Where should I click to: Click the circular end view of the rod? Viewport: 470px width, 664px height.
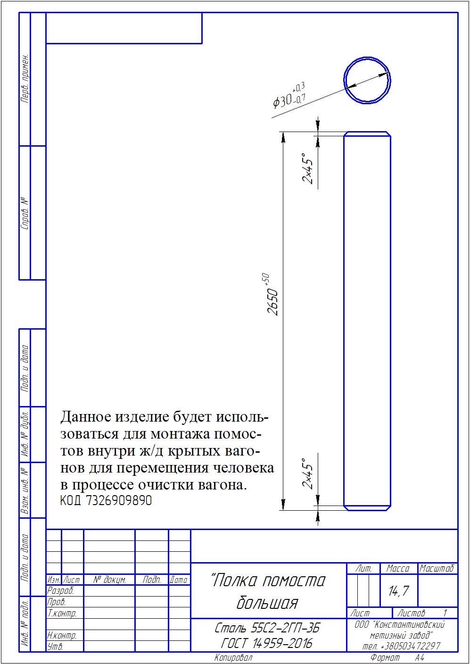tap(344, 80)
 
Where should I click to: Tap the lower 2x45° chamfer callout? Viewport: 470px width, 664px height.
tap(308, 473)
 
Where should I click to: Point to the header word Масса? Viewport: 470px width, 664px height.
tap(398, 568)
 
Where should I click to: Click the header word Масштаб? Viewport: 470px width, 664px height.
tap(437, 568)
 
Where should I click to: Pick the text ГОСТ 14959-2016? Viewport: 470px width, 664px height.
tap(267, 643)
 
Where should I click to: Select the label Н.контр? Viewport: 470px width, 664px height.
tap(62, 635)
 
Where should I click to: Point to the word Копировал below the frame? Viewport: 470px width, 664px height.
tap(233, 657)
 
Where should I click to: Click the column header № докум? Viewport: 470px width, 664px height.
tap(110, 580)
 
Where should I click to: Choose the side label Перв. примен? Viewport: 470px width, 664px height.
tap(25, 79)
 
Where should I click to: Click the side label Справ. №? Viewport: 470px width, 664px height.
tap(25, 213)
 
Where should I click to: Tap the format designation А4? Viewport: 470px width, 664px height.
tap(420, 657)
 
